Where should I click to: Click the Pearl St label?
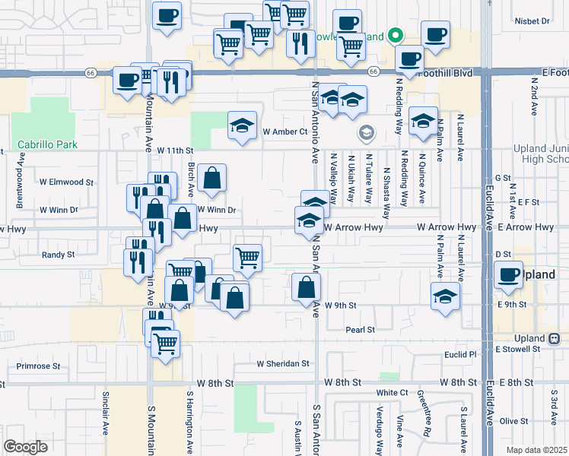tap(360, 330)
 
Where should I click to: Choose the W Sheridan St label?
tap(282, 364)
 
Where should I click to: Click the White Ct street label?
tap(393, 393)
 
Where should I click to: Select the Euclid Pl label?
tap(461, 354)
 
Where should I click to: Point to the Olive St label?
tap(513, 421)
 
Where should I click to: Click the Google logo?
tap(25, 447)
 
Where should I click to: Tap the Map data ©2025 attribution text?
tap(536, 450)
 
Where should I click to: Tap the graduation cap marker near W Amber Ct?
tap(242, 125)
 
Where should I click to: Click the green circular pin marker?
tap(395, 35)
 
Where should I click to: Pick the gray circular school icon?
tap(367, 134)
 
